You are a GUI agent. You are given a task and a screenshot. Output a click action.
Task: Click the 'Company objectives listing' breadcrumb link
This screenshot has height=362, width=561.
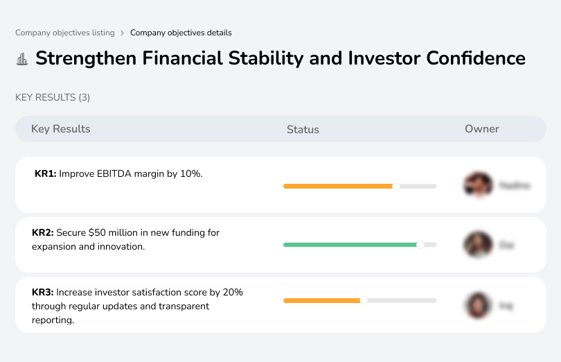pyautogui.click(x=64, y=33)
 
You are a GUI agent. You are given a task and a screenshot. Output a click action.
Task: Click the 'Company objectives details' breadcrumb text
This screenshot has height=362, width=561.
pyautogui.click(x=181, y=33)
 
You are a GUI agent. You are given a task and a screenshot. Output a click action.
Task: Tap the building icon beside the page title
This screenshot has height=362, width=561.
pyautogui.click(x=22, y=59)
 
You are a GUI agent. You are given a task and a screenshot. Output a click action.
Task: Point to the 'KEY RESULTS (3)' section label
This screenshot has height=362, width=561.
pyautogui.click(x=53, y=98)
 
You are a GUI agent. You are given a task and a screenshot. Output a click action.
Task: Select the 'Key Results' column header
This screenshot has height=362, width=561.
pyautogui.click(x=60, y=129)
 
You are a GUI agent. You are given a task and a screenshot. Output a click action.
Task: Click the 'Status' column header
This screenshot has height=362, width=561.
pyautogui.click(x=303, y=130)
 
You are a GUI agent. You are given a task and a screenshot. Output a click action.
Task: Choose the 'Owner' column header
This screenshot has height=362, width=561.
pyautogui.click(x=481, y=129)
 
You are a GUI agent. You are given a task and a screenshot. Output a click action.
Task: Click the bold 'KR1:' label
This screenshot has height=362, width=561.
pyautogui.click(x=46, y=174)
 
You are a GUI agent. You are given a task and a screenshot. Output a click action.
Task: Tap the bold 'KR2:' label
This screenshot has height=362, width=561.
pyautogui.click(x=43, y=233)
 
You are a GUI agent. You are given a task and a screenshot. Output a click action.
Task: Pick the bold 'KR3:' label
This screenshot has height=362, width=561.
pyautogui.click(x=43, y=293)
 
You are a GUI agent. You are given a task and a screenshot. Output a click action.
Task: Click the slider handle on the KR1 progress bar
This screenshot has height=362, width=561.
pyautogui.click(x=396, y=186)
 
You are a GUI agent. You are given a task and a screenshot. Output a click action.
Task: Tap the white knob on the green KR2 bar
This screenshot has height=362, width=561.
pyautogui.click(x=420, y=245)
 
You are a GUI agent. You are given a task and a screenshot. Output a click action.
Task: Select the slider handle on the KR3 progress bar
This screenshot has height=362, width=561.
pyautogui.click(x=364, y=300)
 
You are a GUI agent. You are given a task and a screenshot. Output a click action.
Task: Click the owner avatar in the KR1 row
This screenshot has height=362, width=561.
pyautogui.click(x=478, y=185)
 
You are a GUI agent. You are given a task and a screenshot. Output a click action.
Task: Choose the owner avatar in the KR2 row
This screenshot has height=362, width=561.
pyautogui.click(x=478, y=245)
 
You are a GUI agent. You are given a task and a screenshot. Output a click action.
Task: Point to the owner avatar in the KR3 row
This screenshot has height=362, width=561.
pyautogui.click(x=478, y=305)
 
